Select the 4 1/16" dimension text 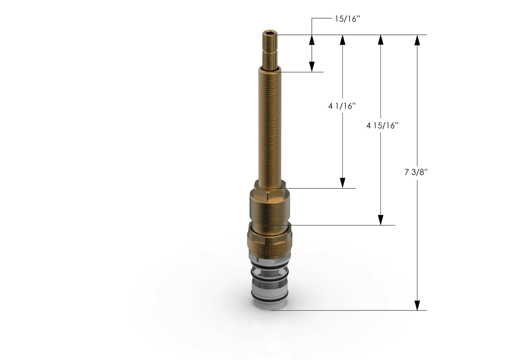[x=342, y=106]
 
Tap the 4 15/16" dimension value [x=382, y=126]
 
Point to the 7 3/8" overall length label [x=416, y=172]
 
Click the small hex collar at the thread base [x=271, y=185]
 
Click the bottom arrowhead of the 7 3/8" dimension [x=417, y=305]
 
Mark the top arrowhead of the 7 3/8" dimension [x=417, y=40]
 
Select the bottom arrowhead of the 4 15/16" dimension [x=381, y=220]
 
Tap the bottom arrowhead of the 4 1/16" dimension [x=343, y=183]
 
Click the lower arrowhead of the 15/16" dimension [x=312, y=67]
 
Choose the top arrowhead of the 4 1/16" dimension [x=343, y=40]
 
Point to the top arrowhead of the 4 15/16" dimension [x=381, y=40]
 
